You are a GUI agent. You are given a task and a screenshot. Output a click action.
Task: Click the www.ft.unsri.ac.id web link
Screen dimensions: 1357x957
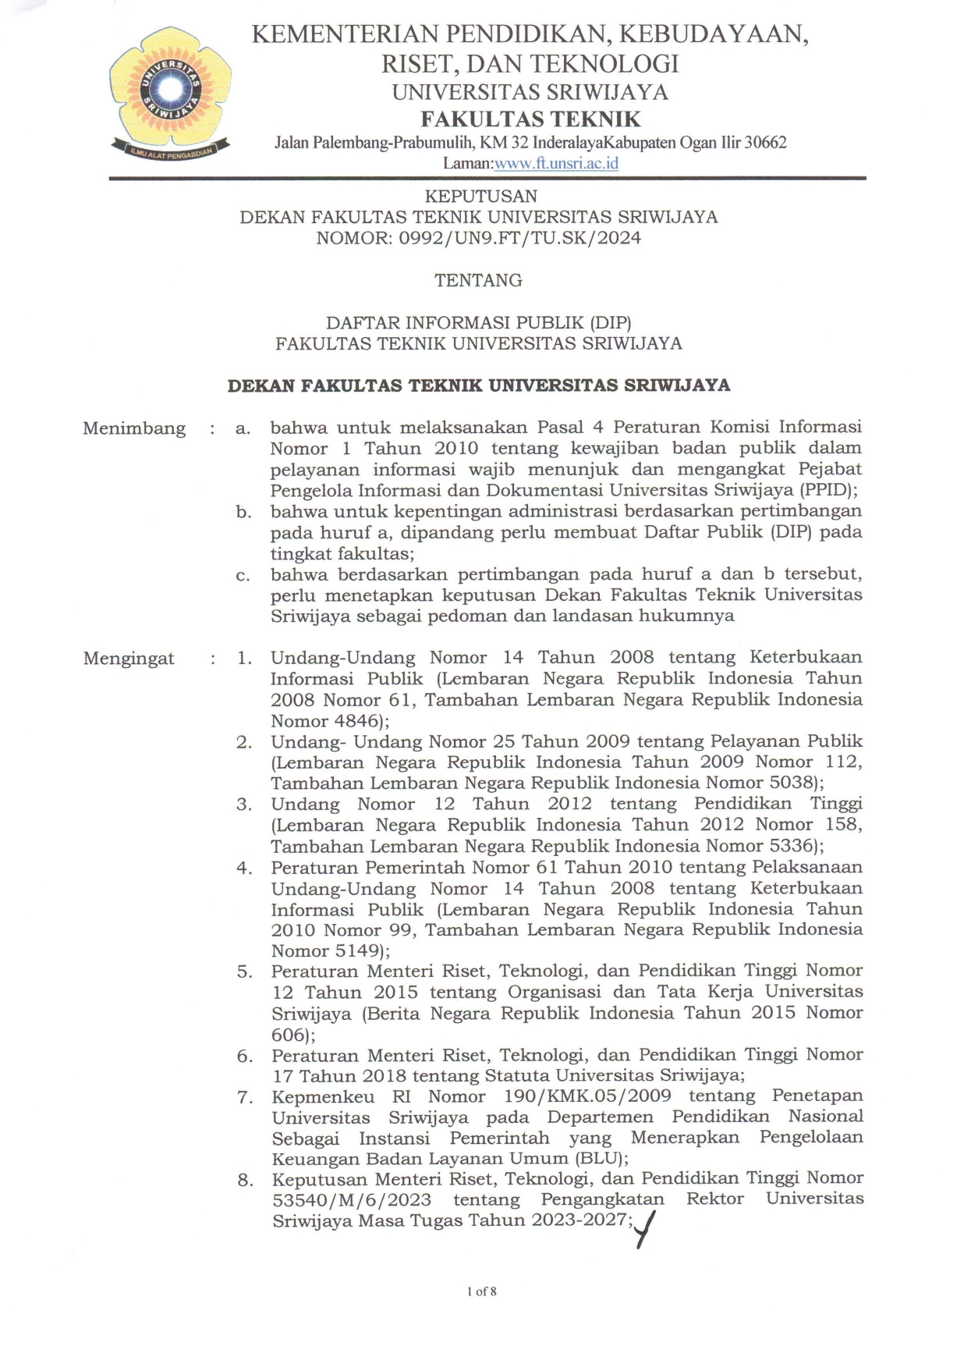coord(556,163)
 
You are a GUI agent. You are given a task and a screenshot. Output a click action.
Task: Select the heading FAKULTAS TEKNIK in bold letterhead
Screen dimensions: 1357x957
coord(530,119)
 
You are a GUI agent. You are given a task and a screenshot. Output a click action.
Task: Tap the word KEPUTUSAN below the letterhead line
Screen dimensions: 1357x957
coord(480,196)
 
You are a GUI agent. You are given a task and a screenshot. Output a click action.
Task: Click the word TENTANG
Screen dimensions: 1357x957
coord(478,280)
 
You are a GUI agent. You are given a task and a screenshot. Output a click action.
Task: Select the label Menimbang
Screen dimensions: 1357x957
coord(134,428)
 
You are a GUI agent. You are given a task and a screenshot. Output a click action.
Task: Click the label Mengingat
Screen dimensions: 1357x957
coord(129,659)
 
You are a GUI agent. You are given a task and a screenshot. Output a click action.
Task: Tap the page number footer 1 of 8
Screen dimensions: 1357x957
coord(481,1291)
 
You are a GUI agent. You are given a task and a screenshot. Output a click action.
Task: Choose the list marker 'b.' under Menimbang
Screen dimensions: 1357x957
coord(244,512)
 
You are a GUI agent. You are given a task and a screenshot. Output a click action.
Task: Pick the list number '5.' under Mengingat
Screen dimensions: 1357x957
coord(245,972)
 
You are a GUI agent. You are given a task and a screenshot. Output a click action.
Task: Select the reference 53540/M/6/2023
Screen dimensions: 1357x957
coord(352,1199)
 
